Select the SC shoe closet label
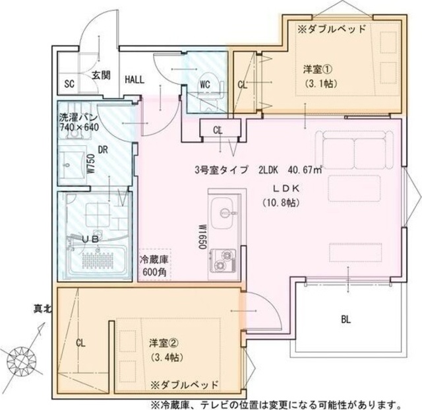pos(69,84)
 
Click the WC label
pos(204,84)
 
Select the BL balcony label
pos(346,320)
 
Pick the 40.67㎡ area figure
pos(303,170)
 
